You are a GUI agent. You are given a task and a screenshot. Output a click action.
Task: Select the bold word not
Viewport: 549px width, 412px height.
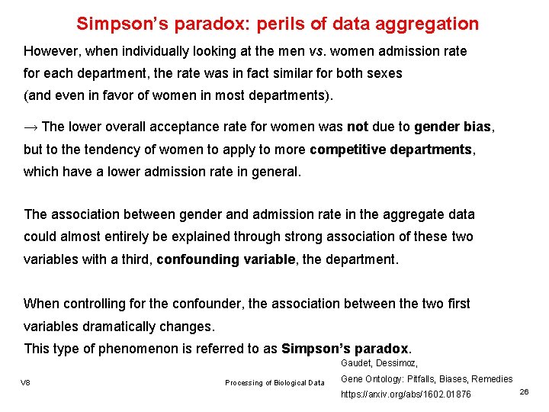click(358, 126)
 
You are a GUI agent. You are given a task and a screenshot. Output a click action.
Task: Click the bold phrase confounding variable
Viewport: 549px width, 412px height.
click(225, 259)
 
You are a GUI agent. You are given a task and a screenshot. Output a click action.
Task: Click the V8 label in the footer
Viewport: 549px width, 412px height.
click(26, 382)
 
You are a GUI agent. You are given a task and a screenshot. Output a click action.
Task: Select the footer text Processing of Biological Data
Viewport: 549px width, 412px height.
click(274, 382)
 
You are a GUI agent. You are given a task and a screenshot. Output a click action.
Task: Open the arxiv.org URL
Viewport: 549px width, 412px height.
click(406, 394)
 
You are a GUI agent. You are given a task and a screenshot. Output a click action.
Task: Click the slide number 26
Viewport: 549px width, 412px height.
click(524, 391)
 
